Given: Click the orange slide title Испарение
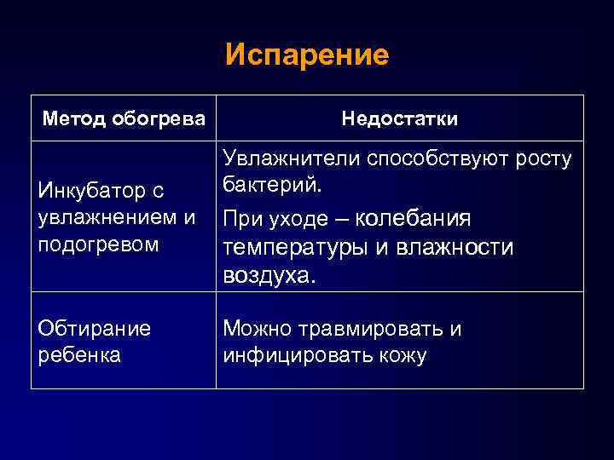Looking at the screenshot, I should pyautogui.click(x=307, y=55).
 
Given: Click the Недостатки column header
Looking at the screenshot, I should pyautogui.click(x=399, y=118).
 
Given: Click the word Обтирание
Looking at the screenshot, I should pyautogui.click(x=95, y=329).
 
